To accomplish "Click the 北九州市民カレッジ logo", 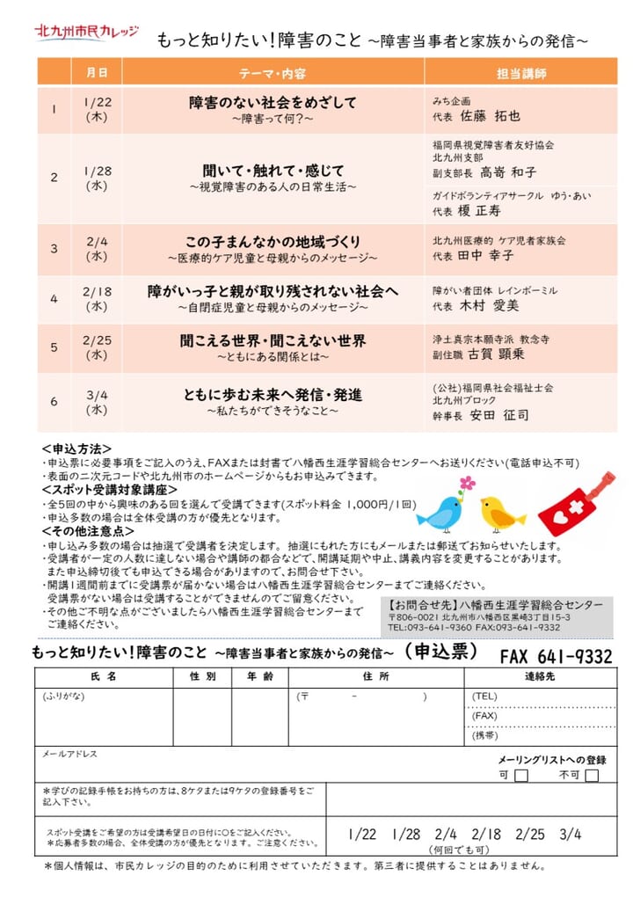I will (86, 33).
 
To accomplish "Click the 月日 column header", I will (98, 73).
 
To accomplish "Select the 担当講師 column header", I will (521, 73).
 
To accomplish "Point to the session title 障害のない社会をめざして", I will (273, 102).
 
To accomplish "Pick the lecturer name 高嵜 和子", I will (508, 172).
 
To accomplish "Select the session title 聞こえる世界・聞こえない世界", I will (273, 341).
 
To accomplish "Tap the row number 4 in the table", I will (54, 299).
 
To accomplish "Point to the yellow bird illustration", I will (501, 513).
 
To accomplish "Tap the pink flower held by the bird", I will (467, 483).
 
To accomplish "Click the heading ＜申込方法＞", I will (76, 448).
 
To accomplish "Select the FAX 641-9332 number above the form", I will (556, 657).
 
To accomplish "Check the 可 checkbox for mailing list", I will (521, 775).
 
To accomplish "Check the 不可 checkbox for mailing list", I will (592, 775).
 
